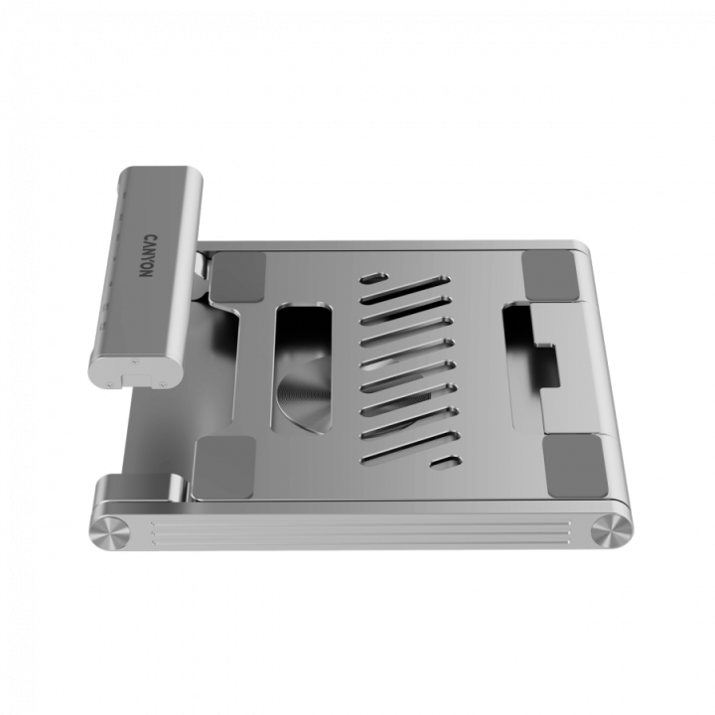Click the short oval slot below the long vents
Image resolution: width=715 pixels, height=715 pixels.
444,463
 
